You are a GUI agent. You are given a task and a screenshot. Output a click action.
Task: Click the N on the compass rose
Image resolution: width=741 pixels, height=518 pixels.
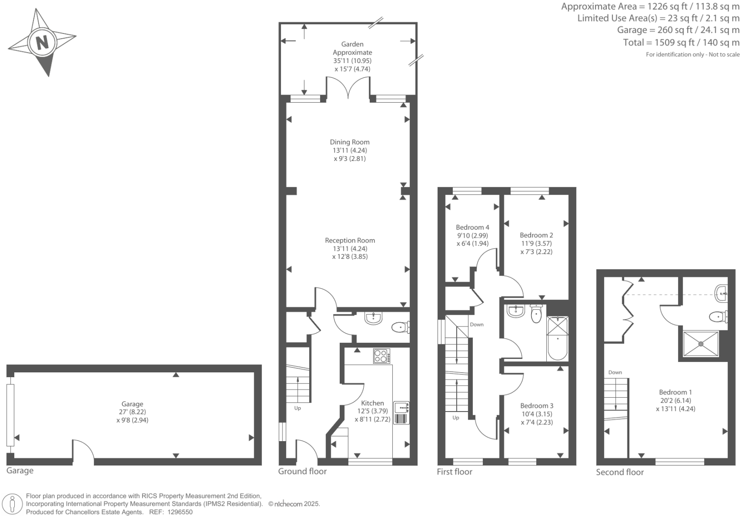(x=42, y=42)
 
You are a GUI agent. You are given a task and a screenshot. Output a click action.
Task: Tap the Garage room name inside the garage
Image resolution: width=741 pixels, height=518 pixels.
(x=132, y=404)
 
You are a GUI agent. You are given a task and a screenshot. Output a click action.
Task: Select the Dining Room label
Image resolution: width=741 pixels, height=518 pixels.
(x=350, y=142)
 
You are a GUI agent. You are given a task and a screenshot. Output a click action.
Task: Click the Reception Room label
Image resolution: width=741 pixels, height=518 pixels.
(x=350, y=240)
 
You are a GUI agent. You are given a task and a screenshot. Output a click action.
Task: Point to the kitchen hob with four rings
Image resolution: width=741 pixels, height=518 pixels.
(x=381, y=356)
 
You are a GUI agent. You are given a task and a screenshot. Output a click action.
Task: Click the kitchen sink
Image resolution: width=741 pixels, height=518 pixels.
(x=401, y=407)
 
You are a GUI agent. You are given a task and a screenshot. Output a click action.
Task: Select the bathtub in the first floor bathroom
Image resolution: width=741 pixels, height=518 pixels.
(x=557, y=339)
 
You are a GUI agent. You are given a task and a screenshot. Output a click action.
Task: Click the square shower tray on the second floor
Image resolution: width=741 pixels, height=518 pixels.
(x=700, y=344)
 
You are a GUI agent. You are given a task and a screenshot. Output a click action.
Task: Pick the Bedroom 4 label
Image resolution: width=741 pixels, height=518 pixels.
(x=472, y=227)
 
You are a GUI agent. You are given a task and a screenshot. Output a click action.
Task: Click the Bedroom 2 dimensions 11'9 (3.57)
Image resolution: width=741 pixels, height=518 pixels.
(x=536, y=243)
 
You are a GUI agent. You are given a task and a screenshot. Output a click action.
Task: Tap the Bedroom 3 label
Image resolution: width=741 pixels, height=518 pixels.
(x=537, y=406)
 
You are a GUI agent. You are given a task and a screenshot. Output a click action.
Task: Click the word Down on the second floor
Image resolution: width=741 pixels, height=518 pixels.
(x=615, y=372)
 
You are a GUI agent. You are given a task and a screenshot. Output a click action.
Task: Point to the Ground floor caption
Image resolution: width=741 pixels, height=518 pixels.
(x=303, y=471)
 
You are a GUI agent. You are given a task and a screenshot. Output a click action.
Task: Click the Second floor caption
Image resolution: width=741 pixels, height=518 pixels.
(x=620, y=472)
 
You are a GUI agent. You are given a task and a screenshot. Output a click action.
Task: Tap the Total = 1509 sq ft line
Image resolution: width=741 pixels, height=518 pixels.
(x=681, y=42)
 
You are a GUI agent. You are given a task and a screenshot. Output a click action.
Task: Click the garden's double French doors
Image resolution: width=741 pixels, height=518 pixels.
(x=348, y=89)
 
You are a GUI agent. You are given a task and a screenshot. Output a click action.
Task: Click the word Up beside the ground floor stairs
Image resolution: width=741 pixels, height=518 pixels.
(x=297, y=408)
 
